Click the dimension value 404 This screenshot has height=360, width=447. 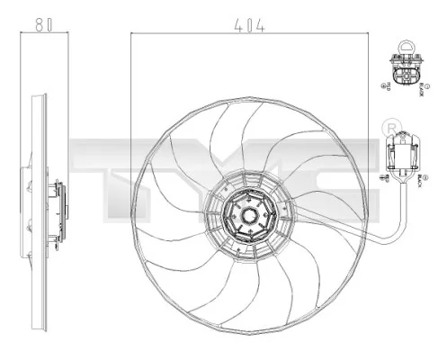pos(249,27)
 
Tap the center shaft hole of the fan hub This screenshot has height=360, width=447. pos(248,217)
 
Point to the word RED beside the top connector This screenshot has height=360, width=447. pos(389,88)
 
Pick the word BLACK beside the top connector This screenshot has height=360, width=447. pos(420,89)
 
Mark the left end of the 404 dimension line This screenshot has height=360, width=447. pos(131,35)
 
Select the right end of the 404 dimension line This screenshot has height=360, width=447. pos(369,35)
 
